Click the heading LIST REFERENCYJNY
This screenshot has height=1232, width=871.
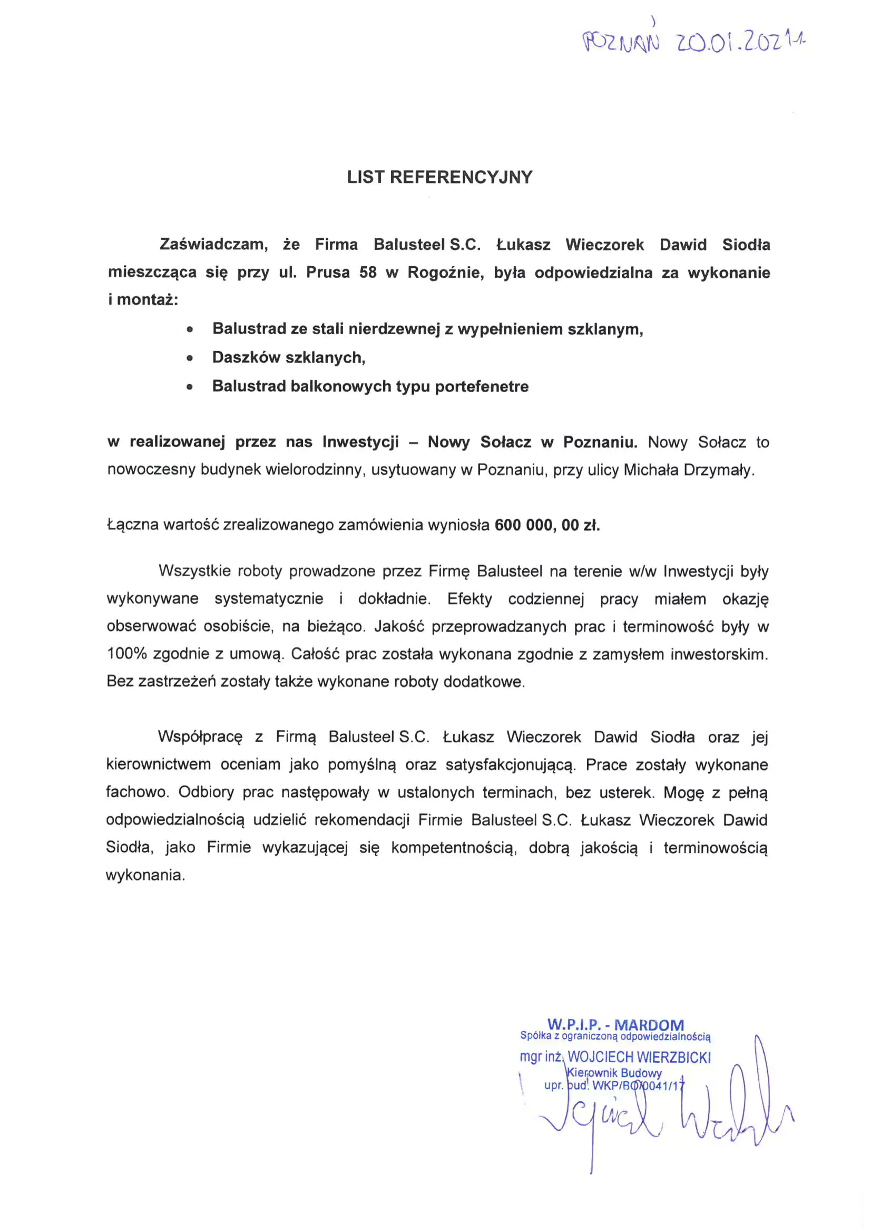tap(439, 177)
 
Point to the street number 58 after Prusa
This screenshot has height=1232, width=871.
tap(368, 273)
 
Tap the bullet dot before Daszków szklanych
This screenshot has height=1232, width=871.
tap(189, 358)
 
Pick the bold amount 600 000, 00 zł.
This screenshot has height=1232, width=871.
tap(547, 525)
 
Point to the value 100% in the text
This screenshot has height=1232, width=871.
tap(126, 654)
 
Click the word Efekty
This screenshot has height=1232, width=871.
tap(469, 599)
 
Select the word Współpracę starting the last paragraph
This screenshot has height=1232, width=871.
tap(200, 737)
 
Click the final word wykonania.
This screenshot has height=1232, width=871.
tap(145, 875)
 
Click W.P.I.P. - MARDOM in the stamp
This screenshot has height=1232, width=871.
tap(615, 1025)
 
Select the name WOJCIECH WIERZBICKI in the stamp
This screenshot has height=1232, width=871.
tap(639, 1057)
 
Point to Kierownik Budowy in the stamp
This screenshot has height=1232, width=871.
tap(614, 1073)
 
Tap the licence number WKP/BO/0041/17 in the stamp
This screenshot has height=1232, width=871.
tap(638, 1085)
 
